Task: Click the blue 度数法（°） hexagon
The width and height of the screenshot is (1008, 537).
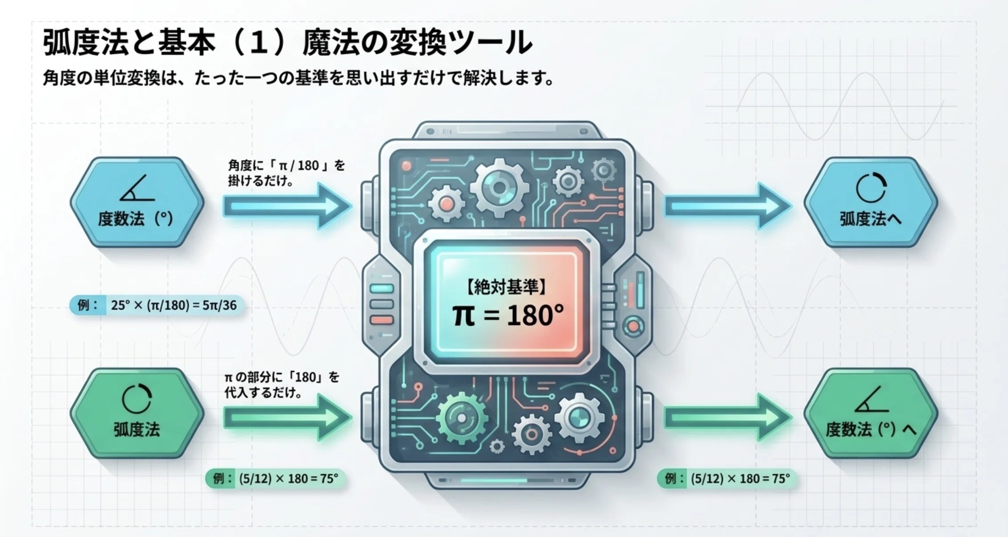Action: pos(137,202)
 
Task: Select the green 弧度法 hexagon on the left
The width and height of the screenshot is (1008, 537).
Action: pos(137,413)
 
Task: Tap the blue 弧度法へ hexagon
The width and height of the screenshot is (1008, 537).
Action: pos(871,202)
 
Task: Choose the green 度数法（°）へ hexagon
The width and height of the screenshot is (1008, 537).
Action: pos(871,413)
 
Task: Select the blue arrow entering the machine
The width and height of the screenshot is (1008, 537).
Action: pos(287,206)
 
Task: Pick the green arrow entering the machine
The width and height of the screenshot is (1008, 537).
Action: pos(287,417)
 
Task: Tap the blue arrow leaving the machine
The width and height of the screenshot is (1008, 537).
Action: pos(728,206)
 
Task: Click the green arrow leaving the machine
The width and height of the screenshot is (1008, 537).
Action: pos(728,417)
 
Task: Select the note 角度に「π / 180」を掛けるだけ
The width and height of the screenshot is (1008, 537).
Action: pos(286,174)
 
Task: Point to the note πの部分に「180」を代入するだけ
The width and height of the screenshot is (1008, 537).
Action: pos(282,385)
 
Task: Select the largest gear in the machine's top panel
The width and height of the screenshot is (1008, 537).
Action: pos(500,188)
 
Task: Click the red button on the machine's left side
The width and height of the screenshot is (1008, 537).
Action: pos(382,320)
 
